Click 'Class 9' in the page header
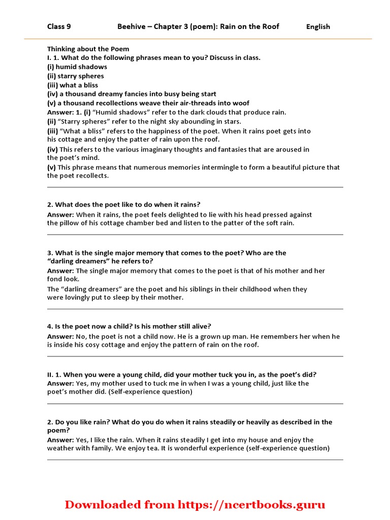[58, 26]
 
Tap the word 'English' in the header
[318, 27]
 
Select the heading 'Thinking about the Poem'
[88, 49]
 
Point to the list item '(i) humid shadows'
[77, 67]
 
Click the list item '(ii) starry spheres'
[76, 76]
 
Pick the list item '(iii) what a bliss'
[73, 85]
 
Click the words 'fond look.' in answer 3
[63, 279]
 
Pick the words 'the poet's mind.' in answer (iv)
[74, 158]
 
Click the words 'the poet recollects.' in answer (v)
[78, 176]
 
